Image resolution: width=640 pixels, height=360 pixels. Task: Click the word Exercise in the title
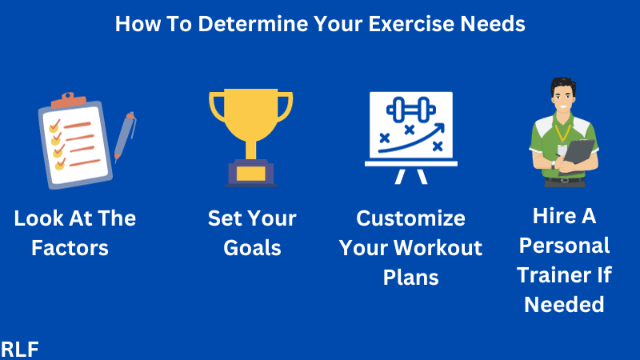coord(409,24)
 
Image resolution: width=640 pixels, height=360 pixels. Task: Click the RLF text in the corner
coord(20,349)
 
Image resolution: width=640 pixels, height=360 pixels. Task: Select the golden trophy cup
coord(251,120)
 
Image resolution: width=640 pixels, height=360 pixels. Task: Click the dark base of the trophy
coord(251,174)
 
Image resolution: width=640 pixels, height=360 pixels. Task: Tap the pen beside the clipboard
coord(124,136)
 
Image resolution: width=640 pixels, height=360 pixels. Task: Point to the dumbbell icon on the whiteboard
coord(409,110)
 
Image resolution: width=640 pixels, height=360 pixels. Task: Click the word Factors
coord(70,248)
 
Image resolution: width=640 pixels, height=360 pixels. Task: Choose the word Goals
coord(252,248)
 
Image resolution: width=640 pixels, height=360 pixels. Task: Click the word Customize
coord(410,218)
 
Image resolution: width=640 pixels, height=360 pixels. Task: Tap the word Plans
coord(410,277)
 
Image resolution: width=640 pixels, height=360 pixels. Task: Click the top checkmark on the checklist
coord(54,126)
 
